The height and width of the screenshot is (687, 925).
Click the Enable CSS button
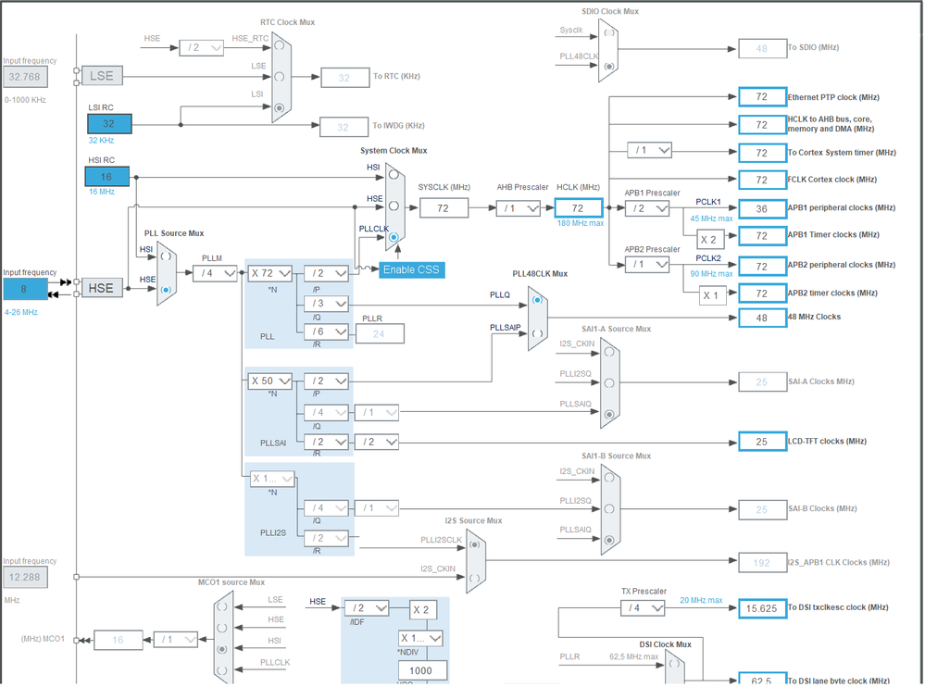point(412,269)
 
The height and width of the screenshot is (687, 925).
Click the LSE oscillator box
point(101,76)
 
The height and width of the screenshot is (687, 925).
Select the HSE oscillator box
point(101,288)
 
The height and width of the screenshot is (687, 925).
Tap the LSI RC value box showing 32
point(109,123)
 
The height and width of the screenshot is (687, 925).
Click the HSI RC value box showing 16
point(107,176)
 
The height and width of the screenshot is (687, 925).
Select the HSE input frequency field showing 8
point(24,289)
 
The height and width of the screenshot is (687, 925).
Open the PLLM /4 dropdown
point(215,273)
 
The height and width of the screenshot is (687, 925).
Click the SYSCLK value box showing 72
point(444,208)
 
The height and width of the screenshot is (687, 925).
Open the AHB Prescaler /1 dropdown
point(519,208)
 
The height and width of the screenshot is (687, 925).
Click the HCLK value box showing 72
point(578,208)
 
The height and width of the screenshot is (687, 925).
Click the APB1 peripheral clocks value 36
point(761,208)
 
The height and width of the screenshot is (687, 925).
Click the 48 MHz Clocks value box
point(761,318)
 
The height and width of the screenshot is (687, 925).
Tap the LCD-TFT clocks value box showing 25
point(761,442)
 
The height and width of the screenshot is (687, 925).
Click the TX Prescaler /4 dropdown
point(643,608)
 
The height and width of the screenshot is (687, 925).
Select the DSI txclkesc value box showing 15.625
point(761,608)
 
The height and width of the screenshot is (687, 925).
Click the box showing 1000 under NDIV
point(422,669)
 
